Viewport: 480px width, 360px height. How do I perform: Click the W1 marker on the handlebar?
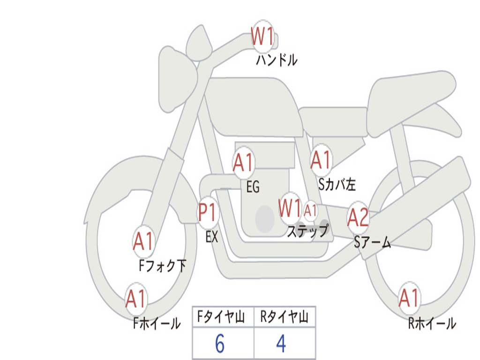(262, 37)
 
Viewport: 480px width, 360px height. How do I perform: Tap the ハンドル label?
(277, 60)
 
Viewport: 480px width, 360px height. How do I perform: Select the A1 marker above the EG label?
(243, 163)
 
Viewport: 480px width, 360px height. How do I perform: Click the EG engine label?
(253, 187)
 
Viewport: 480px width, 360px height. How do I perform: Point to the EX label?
(212, 237)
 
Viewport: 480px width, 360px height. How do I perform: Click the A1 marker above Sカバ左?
(321, 160)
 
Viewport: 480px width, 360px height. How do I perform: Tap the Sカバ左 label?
(337, 184)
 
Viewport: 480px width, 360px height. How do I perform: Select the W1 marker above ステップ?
(290, 209)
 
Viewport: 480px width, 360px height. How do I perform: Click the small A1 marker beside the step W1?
(310, 210)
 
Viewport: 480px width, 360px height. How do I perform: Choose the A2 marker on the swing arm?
(358, 217)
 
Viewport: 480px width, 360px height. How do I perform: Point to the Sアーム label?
(373, 242)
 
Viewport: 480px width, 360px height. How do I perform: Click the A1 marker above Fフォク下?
(143, 241)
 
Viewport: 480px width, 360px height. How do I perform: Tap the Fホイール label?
(157, 323)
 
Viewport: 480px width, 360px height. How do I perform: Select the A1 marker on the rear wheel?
(409, 298)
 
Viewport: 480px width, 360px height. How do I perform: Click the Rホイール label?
(432, 323)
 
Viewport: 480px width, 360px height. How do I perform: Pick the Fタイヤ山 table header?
(221, 317)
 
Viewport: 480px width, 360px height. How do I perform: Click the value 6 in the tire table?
(220, 344)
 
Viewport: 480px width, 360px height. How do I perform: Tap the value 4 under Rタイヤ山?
(281, 344)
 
